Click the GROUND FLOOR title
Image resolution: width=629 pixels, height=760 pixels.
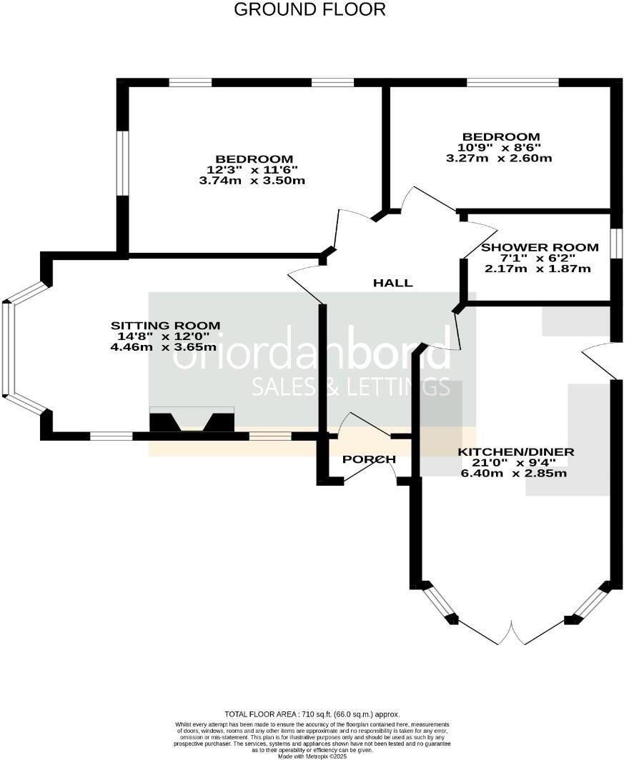[x=309, y=9]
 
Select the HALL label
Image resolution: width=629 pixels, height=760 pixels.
[x=393, y=283]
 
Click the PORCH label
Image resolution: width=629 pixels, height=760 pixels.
[x=369, y=459]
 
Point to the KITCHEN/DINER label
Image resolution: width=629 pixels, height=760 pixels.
[x=515, y=452]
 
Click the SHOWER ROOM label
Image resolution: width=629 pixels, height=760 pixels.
[x=540, y=247]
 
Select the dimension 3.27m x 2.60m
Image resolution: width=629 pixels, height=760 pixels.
[x=499, y=158]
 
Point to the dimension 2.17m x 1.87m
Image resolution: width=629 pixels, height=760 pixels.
[x=538, y=269]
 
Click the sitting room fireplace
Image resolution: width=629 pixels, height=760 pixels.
[x=192, y=421]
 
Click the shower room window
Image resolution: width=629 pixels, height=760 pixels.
[x=613, y=242]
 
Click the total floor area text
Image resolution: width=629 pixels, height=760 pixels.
[x=312, y=714]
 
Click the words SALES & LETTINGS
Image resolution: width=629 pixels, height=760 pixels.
[x=350, y=386]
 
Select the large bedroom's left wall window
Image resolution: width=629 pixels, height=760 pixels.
[x=123, y=163]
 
